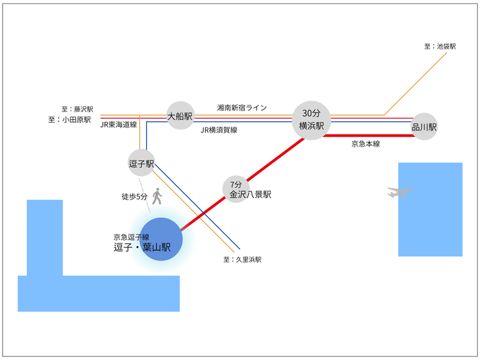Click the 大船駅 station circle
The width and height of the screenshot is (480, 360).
pyautogui.click(x=181, y=116)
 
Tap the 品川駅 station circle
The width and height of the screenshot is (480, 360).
pyautogui.click(x=424, y=127)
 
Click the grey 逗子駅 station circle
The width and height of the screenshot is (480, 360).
pyautogui.click(x=141, y=163)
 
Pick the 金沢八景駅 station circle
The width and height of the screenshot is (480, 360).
pyautogui.click(x=236, y=189)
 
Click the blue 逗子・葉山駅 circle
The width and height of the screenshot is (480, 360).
pyautogui.click(x=161, y=239)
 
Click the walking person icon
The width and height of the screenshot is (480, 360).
pyautogui.click(x=157, y=197)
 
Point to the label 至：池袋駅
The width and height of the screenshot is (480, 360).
pyautogui.click(x=440, y=47)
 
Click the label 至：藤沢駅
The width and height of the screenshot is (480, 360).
pyautogui.click(x=76, y=109)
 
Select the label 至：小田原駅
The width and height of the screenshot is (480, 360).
pyautogui.click(x=70, y=119)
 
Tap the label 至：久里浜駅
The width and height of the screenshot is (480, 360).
pyautogui.click(x=242, y=260)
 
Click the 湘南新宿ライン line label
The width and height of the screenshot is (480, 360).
pyautogui.click(x=241, y=108)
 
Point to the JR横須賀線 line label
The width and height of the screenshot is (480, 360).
pyautogui.click(x=219, y=130)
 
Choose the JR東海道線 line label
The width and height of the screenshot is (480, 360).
pyautogui.click(x=119, y=125)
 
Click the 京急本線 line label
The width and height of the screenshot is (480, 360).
pyautogui.click(x=365, y=144)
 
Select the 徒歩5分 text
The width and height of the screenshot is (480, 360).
pyautogui.click(x=134, y=197)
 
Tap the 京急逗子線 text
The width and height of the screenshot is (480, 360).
pyautogui.click(x=131, y=237)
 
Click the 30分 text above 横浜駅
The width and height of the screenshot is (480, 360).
pyautogui.click(x=311, y=113)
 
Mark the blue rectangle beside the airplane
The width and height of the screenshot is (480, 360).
pyautogui.click(x=430, y=209)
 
